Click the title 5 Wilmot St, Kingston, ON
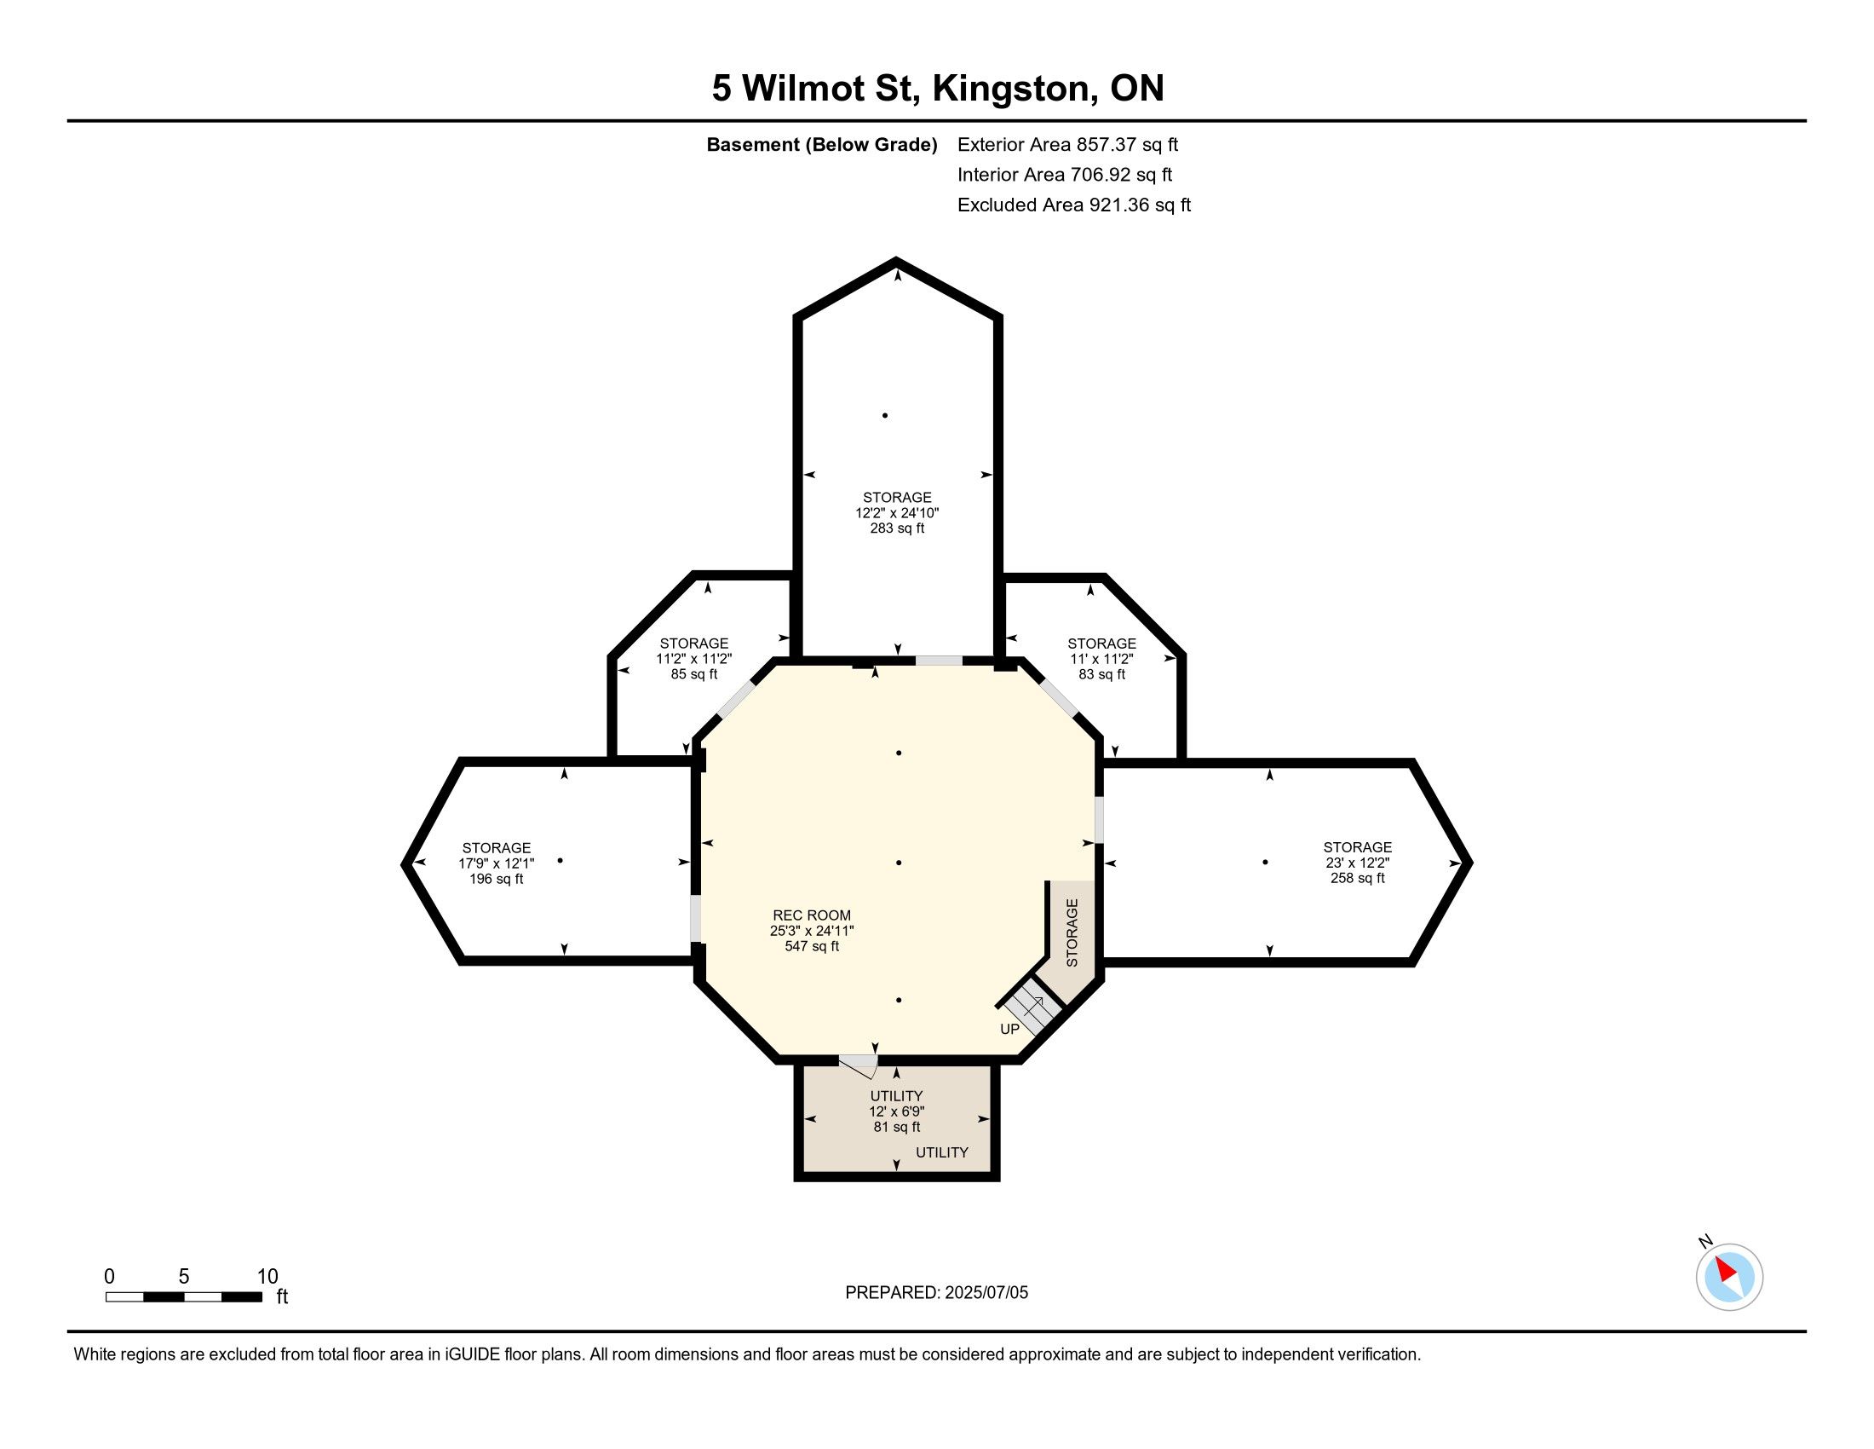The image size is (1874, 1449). pos(938,88)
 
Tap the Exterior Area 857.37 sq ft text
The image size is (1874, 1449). pos(1067,144)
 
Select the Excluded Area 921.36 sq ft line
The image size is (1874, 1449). pos(1073,205)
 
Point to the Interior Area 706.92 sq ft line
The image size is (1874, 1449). pos(1064,174)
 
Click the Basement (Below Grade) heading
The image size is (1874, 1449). pos(821,144)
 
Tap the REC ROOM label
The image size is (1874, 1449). pos(812,915)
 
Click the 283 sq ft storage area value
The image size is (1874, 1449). pos(898,528)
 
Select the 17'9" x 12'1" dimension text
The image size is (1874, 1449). pos(496,863)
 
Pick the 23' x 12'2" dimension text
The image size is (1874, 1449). pos(1358,863)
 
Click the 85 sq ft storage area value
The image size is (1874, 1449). pos(694,674)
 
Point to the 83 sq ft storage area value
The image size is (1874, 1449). pos(1101,674)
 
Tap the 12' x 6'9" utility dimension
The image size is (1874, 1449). pos(897,1111)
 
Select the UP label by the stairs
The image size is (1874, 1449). pos(1010,1029)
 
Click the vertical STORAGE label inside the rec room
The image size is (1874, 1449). pos(1072,932)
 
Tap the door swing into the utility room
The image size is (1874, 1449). pos(858,1065)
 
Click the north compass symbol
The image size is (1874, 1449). pos(1728,1276)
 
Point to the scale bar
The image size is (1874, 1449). pos(184,1296)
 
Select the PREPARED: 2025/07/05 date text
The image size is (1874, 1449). pos(936,1292)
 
